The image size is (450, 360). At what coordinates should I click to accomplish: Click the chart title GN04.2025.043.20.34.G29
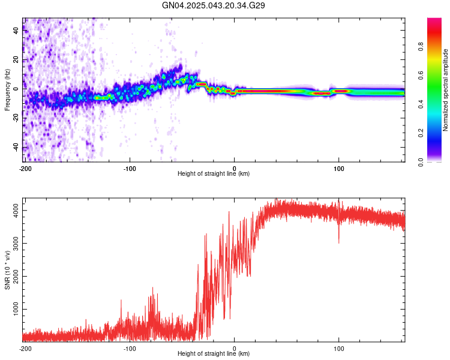point(213,5)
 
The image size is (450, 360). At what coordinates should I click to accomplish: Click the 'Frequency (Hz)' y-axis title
point(7,90)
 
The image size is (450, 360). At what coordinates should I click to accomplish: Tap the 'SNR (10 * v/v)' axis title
point(7,270)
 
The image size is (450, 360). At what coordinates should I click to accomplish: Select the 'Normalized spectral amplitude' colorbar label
point(445,90)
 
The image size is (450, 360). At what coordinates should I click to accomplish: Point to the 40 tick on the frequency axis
point(16,30)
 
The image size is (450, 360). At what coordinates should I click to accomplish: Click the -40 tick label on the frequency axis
point(16,146)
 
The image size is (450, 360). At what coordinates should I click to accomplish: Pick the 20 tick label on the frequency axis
point(16,59)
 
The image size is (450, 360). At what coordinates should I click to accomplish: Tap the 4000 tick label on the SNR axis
point(16,211)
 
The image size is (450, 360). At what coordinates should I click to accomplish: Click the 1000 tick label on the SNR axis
point(16,309)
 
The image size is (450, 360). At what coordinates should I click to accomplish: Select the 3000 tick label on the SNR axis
point(16,243)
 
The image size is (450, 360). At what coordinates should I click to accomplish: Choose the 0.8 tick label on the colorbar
point(421,46)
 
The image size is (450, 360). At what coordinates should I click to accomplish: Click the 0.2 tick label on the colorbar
point(421,133)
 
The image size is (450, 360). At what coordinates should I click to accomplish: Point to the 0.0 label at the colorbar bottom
point(421,162)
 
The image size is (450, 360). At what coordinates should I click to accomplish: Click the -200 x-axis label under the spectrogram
point(25,169)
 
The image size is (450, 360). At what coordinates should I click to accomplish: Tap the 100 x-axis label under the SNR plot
point(338,349)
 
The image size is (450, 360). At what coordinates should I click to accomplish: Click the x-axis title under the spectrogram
point(214,173)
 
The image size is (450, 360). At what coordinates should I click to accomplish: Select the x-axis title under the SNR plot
point(214,353)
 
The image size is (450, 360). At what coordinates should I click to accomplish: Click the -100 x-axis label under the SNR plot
point(130,349)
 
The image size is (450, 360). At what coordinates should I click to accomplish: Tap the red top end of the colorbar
point(434,20)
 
